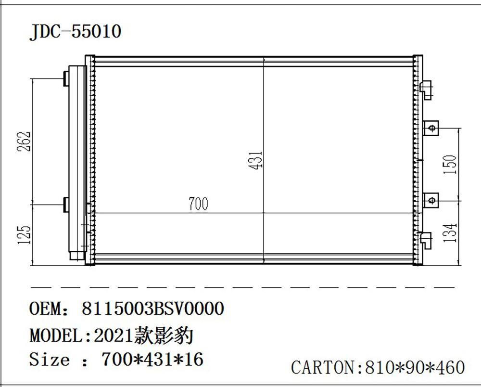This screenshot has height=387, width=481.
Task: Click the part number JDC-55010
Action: tap(75, 32)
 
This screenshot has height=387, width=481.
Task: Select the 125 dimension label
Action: tap(25, 234)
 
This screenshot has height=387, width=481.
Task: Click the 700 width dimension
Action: tap(198, 204)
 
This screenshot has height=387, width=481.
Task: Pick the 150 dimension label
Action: tap(449, 165)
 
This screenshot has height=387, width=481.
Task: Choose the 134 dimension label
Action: tap(449, 232)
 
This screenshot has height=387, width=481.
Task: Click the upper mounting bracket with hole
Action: tap(431, 128)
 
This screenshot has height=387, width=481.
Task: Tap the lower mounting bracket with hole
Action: tap(431, 199)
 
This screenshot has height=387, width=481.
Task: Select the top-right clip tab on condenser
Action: tap(427, 88)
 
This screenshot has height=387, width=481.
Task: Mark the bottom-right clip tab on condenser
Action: tap(427, 239)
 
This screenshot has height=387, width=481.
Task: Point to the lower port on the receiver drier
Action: tap(66, 204)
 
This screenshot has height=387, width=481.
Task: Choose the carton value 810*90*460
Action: tap(416, 368)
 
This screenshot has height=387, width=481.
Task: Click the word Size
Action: tap(50, 360)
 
